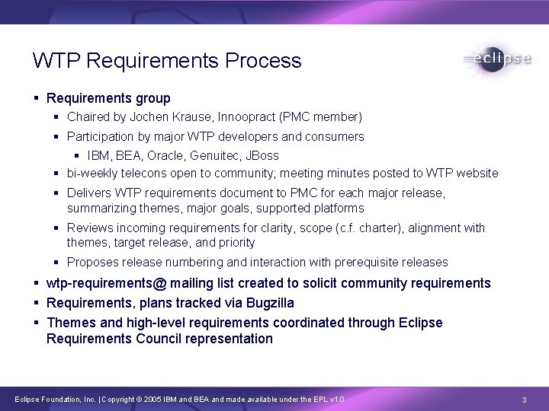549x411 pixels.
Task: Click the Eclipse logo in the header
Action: click(x=496, y=59)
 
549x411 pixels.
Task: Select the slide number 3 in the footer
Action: click(x=525, y=400)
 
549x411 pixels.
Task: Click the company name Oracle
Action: click(x=165, y=156)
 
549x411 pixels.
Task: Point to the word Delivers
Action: click(x=88, y=193)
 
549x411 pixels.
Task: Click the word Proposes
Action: click(x=93, y=263)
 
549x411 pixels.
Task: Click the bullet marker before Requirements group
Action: click(x=37, y=98)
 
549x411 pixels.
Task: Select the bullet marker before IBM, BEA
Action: click(x=78, y=156)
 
